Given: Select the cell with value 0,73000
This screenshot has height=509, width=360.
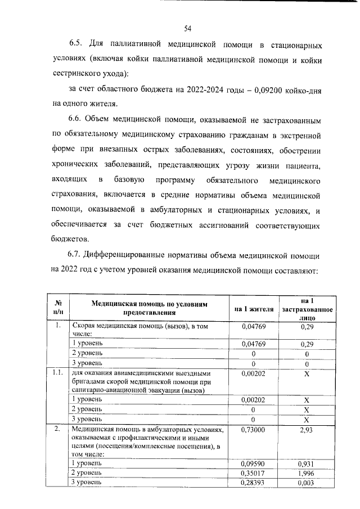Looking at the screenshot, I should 253,430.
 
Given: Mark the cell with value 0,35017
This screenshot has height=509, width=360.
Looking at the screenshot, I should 253,473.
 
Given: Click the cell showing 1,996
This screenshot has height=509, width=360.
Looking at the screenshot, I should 307,473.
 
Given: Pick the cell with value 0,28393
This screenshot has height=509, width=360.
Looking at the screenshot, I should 253,483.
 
